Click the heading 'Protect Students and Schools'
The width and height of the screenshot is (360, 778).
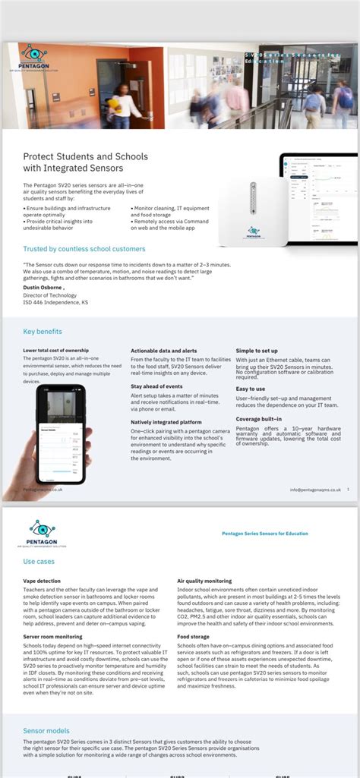pos(85,156)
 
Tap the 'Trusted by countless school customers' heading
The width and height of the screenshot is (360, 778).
pos(84,248)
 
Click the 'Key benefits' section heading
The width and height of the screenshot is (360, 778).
pos(43,331)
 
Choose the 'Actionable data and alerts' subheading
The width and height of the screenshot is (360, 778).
pos(163,351)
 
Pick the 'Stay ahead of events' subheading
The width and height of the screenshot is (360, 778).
pos(156,386)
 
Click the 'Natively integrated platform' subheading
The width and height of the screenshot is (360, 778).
pos(166,422)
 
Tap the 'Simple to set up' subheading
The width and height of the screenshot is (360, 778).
pos(257,351)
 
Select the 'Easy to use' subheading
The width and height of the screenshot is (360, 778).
pos(250,389)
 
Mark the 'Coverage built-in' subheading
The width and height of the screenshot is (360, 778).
pos(258,419)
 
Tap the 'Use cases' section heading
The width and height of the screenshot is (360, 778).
pos(39,562)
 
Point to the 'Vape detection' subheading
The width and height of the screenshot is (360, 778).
pos(42,581)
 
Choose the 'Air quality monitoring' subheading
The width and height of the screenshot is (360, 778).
pos(204,581)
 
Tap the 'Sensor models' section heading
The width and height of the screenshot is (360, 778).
pos(46,730)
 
